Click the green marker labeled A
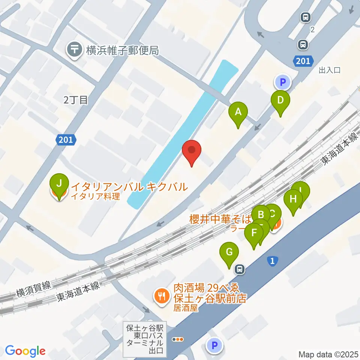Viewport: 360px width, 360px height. click(238, 112)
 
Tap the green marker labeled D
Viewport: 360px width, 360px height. click(281, 101)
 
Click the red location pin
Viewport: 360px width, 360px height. click(192, 151)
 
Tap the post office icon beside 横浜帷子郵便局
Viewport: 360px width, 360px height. click(75, 50)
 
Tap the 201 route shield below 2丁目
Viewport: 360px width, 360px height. click(66, 140)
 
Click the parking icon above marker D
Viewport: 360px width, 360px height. click(283, 81)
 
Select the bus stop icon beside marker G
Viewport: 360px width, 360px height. click(239, 269)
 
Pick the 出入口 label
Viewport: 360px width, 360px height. click(329, 70)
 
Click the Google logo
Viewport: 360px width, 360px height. click(25, 351)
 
